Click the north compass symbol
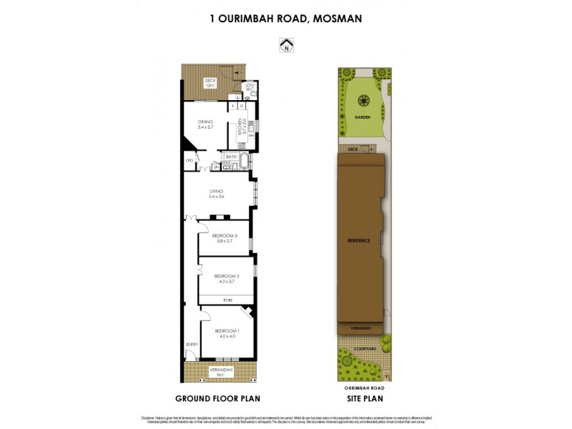pyautogui.click(x=286, y=46)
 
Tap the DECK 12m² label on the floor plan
pyautogui.click(x=210, y=83)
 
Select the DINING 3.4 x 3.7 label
pyautogui.click(x=206, y=124)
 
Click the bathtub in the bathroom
pyautogui.click(x=245, y=161)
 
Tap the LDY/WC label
pyautogui.click(x=250, y=88)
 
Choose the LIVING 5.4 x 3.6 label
pyautogui.click(x=217, y=194)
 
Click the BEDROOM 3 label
pyautogui.click(x=225, y=238)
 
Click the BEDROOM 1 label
pyautogui.click(x=227, y=332)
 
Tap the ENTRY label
pyautogui.click(x=192, y=345)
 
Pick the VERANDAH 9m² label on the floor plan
pyautogui.click(x=220, y=372)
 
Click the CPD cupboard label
pyautogui.click(x=189, y=161)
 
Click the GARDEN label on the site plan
pyautogui.click(x=361, y=117)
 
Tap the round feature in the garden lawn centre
pyautogui.click(x=361, y=100)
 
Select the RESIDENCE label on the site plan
pyautogui.click(x=359, y=240)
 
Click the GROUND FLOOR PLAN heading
pyautogui.click(x=217, y=398)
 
